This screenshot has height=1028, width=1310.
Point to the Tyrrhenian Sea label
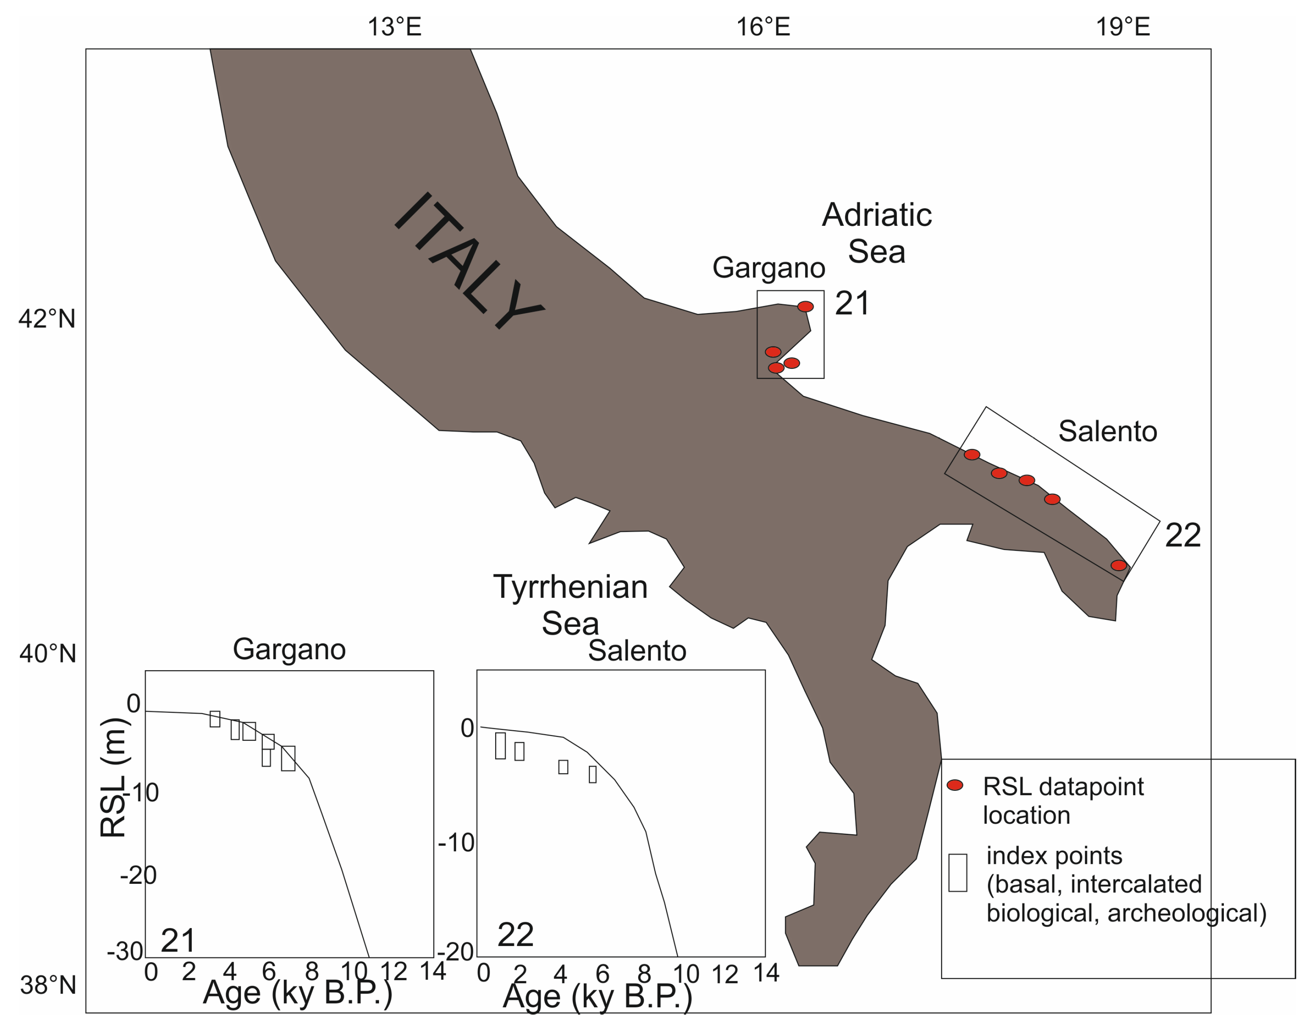pos(570,604)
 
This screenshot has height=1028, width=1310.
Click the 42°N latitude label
pos(48,318)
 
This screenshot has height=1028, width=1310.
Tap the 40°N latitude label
pos(48,653)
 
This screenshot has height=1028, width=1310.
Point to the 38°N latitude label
pos(48,985)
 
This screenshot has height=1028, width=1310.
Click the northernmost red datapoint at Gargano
pos(805,306)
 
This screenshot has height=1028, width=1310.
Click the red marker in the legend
pos(955,785)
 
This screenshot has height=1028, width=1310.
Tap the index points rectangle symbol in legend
pos(958,872)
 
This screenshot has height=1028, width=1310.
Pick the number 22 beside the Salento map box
pos(1183,535)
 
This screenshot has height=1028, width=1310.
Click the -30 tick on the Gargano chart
pos(125,952)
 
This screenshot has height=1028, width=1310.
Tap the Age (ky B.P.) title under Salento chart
pos(597,996)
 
